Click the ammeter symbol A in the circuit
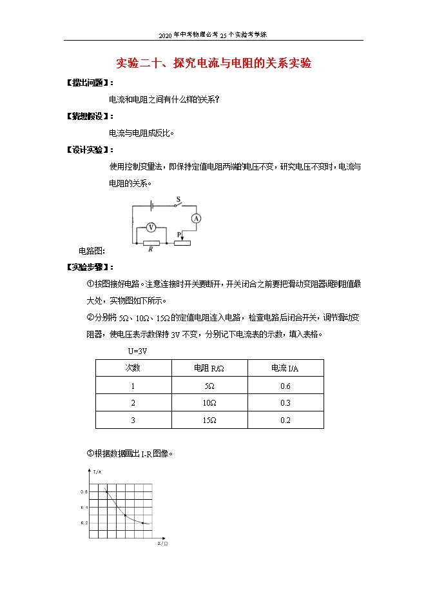coord(197,219)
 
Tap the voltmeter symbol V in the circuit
coord(151,227)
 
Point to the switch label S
coord(177,201)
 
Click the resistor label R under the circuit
coord(150,250)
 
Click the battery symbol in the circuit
coord(151,206)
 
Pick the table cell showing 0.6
coord(286,386)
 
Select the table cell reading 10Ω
coord(209,403)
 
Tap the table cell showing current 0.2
coord(286,420)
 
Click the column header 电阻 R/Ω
coord(209,368)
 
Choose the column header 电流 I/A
coord(286,368)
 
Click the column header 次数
coord(133,368)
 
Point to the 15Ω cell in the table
coord(209,420)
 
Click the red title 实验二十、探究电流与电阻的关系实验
coord(213,63)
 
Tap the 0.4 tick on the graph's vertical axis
coord(83,507)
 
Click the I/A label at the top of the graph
coord(97,472)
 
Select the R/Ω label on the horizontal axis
coord(162,544)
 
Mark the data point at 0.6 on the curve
coord(106,492)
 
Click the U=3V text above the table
coord(138,351)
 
